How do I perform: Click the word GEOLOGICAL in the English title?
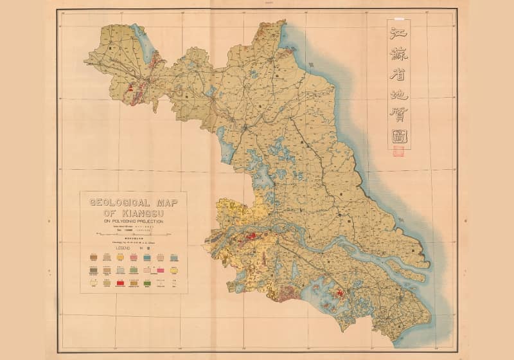pos(119,202)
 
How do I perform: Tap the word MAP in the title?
pos(166,202)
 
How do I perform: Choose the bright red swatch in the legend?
pos(120,282)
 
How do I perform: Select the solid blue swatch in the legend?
pos(148,257)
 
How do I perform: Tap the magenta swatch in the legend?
pos(161,270)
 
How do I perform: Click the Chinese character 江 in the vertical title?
pos(398,31)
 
